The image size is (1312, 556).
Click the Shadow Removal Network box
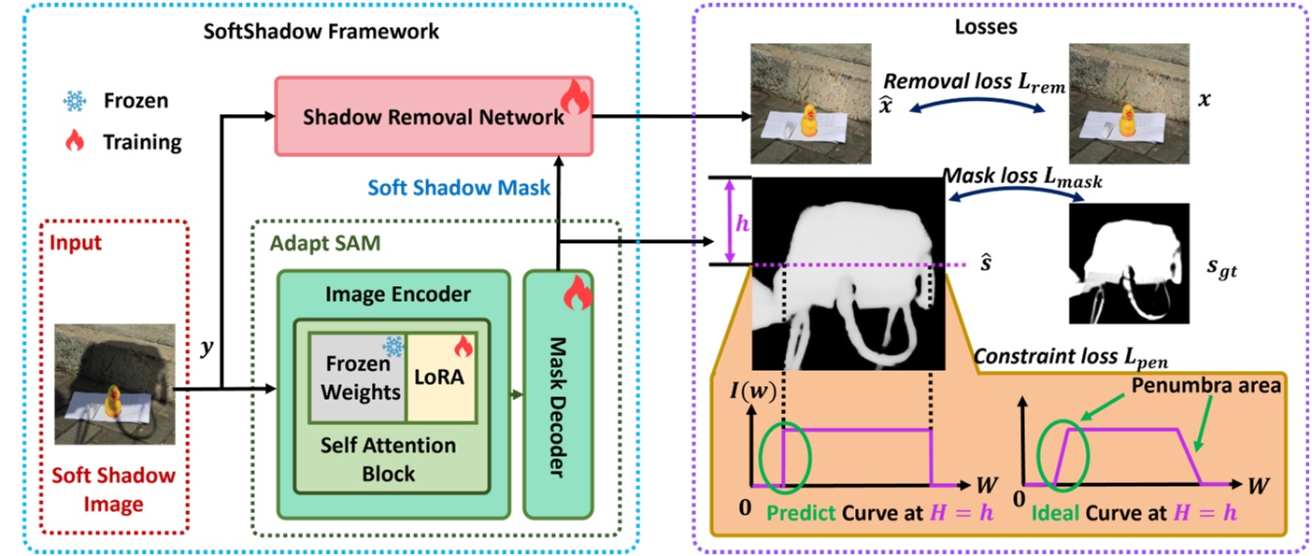pyautogui.click(x=433, y=118)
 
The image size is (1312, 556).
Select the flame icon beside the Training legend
pyautogui.click(x=74, y=141)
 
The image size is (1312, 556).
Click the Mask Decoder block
pyautogui.click(x=558, y=395)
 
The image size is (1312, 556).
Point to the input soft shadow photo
pyautogui.click(x=115, y=382)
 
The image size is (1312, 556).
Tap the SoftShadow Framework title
pyautogui.click(x=321, y=31)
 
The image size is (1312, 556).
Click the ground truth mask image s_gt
pyautogui.click(x=1128, y=263)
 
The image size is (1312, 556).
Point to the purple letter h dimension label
pyautogui.click(x=743, y=224)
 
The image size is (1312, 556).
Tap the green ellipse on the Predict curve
pyautogui.click(x=787, y=457)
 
